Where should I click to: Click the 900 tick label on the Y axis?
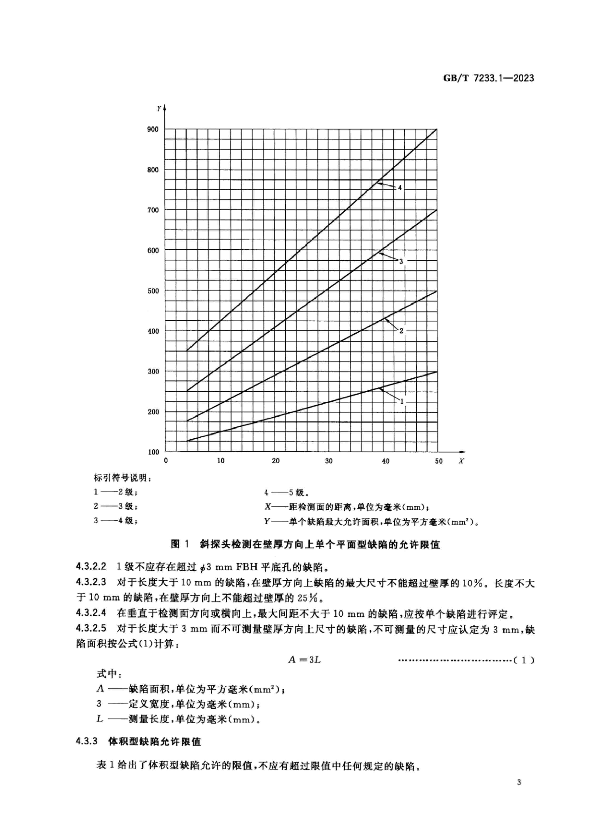point(153,129)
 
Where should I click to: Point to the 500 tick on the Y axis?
point(153,291)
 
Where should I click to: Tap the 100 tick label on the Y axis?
point(153,452)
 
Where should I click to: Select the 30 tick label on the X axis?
point(329,461)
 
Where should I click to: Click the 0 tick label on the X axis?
point(166,461)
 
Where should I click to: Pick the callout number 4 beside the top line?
point(400,188)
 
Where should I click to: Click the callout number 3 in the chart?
point(401,262)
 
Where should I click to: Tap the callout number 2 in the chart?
point(401,331)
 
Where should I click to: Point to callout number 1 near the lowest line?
point(402,401)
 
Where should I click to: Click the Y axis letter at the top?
point(159,108)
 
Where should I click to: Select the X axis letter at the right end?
point(461,461)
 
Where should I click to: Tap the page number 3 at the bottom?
point(519,782)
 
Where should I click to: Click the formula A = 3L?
point(304,660)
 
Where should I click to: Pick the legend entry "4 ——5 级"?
point(287,493)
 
